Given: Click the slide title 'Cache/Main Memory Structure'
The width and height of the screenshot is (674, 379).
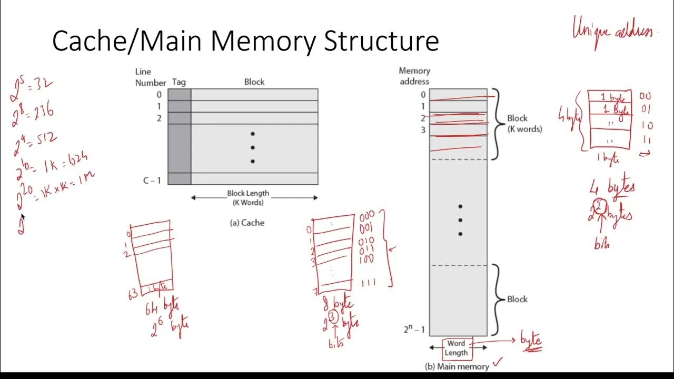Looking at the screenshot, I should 245,41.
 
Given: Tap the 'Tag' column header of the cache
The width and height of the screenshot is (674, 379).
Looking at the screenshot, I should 179,82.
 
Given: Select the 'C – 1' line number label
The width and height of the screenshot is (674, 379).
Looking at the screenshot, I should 152,180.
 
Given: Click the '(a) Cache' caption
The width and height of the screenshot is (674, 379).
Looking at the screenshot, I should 247,223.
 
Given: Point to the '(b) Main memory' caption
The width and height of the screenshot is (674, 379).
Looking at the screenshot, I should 457,366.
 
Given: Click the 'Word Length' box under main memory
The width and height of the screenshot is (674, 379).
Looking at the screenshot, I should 456,348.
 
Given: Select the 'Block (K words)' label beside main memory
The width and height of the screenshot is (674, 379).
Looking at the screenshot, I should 524,123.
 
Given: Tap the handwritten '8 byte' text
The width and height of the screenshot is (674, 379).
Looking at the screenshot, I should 338,304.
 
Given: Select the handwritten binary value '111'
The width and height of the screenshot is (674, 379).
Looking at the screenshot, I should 368,283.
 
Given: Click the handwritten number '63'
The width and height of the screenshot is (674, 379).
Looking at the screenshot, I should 133,294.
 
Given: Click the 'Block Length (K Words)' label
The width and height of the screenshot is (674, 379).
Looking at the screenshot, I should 247,198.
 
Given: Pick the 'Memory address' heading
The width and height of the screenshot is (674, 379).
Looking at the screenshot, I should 414,76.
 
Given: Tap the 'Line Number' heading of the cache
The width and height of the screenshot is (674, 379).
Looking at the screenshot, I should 143,77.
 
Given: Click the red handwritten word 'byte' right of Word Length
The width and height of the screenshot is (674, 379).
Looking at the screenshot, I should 531,340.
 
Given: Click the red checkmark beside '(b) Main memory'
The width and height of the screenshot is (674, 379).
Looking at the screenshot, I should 497,361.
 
